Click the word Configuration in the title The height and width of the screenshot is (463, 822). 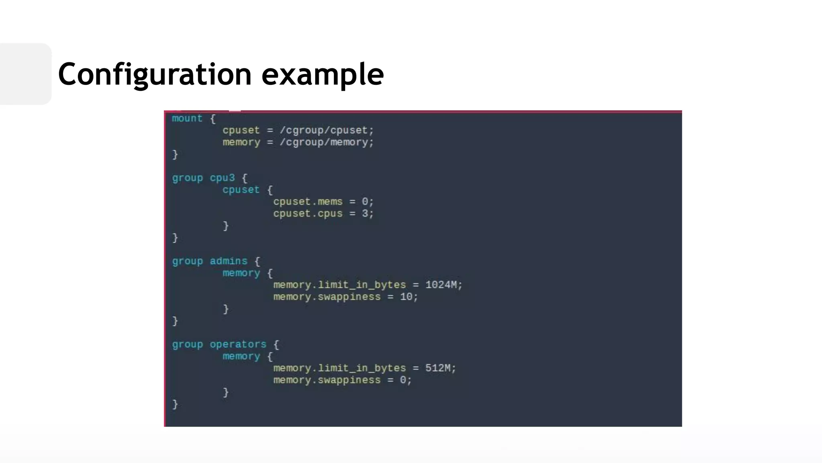(x=155, y=74)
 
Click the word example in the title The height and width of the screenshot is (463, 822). (x=323, y=74)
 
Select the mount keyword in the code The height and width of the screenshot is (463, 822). (x=187, y=118)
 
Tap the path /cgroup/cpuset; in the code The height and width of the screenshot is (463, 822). (x=327, y=130)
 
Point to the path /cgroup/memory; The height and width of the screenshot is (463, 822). (x=327, y=142)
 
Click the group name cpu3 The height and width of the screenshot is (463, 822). (x=222, y=178)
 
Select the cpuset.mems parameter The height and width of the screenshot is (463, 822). (x=308, y=201)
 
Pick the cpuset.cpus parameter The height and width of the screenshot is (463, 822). (x=308, y=213)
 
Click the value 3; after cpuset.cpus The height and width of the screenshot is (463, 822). (x=368, y=213)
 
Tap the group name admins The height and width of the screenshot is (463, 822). (x=228, y=261)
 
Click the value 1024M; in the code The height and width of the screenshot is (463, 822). (x=444, y=285)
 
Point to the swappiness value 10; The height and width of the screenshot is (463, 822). (x=409, y=297)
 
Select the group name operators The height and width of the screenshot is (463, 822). (x=238, y=344)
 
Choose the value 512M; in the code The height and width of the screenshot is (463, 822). (x=440, y=368)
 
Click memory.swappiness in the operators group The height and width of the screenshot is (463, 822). (x=327, y=380)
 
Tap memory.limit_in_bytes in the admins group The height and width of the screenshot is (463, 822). (x=340, y=285)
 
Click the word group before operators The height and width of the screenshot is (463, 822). (x=187, y=344)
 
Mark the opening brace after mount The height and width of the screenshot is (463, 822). (x=213, y=119)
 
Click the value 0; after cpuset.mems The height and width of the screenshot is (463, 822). (x=368, y=201)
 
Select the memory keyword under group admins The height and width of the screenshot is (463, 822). (x=241, y=273)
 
